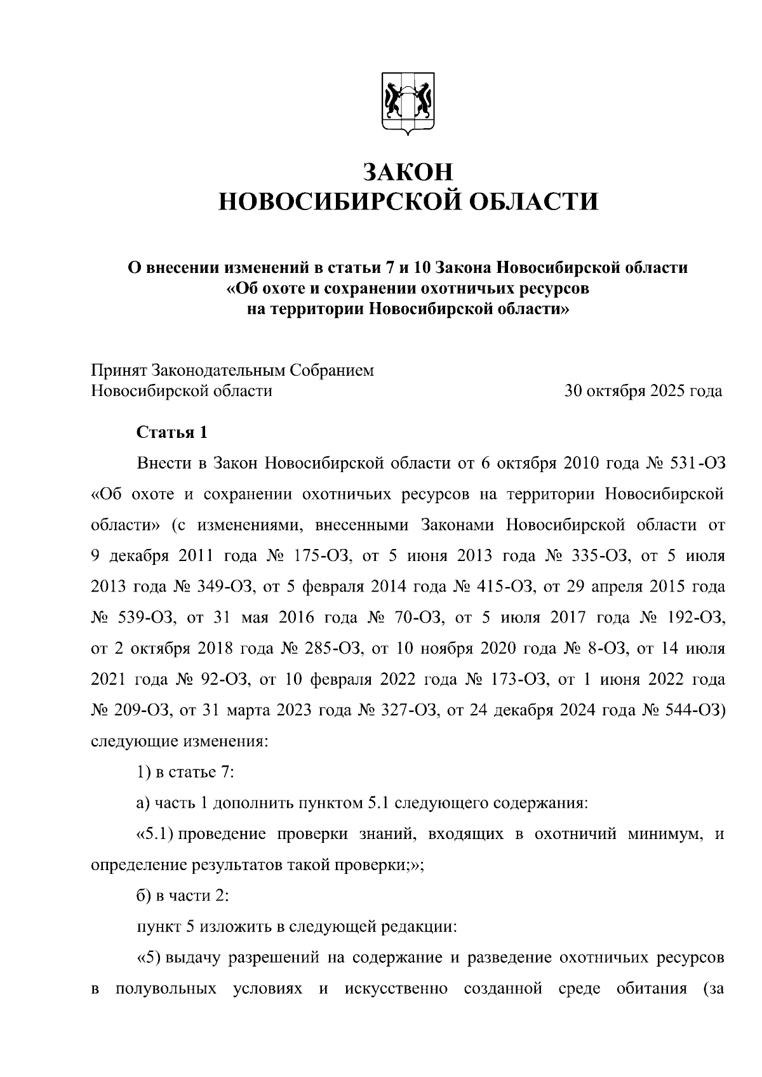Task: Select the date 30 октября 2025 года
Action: pos(643,391)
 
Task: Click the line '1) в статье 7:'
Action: pos(186,772)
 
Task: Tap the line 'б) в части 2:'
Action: pos(182,895)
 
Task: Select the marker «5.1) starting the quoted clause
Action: pos(155,834)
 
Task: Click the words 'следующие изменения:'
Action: pos(180,741)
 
